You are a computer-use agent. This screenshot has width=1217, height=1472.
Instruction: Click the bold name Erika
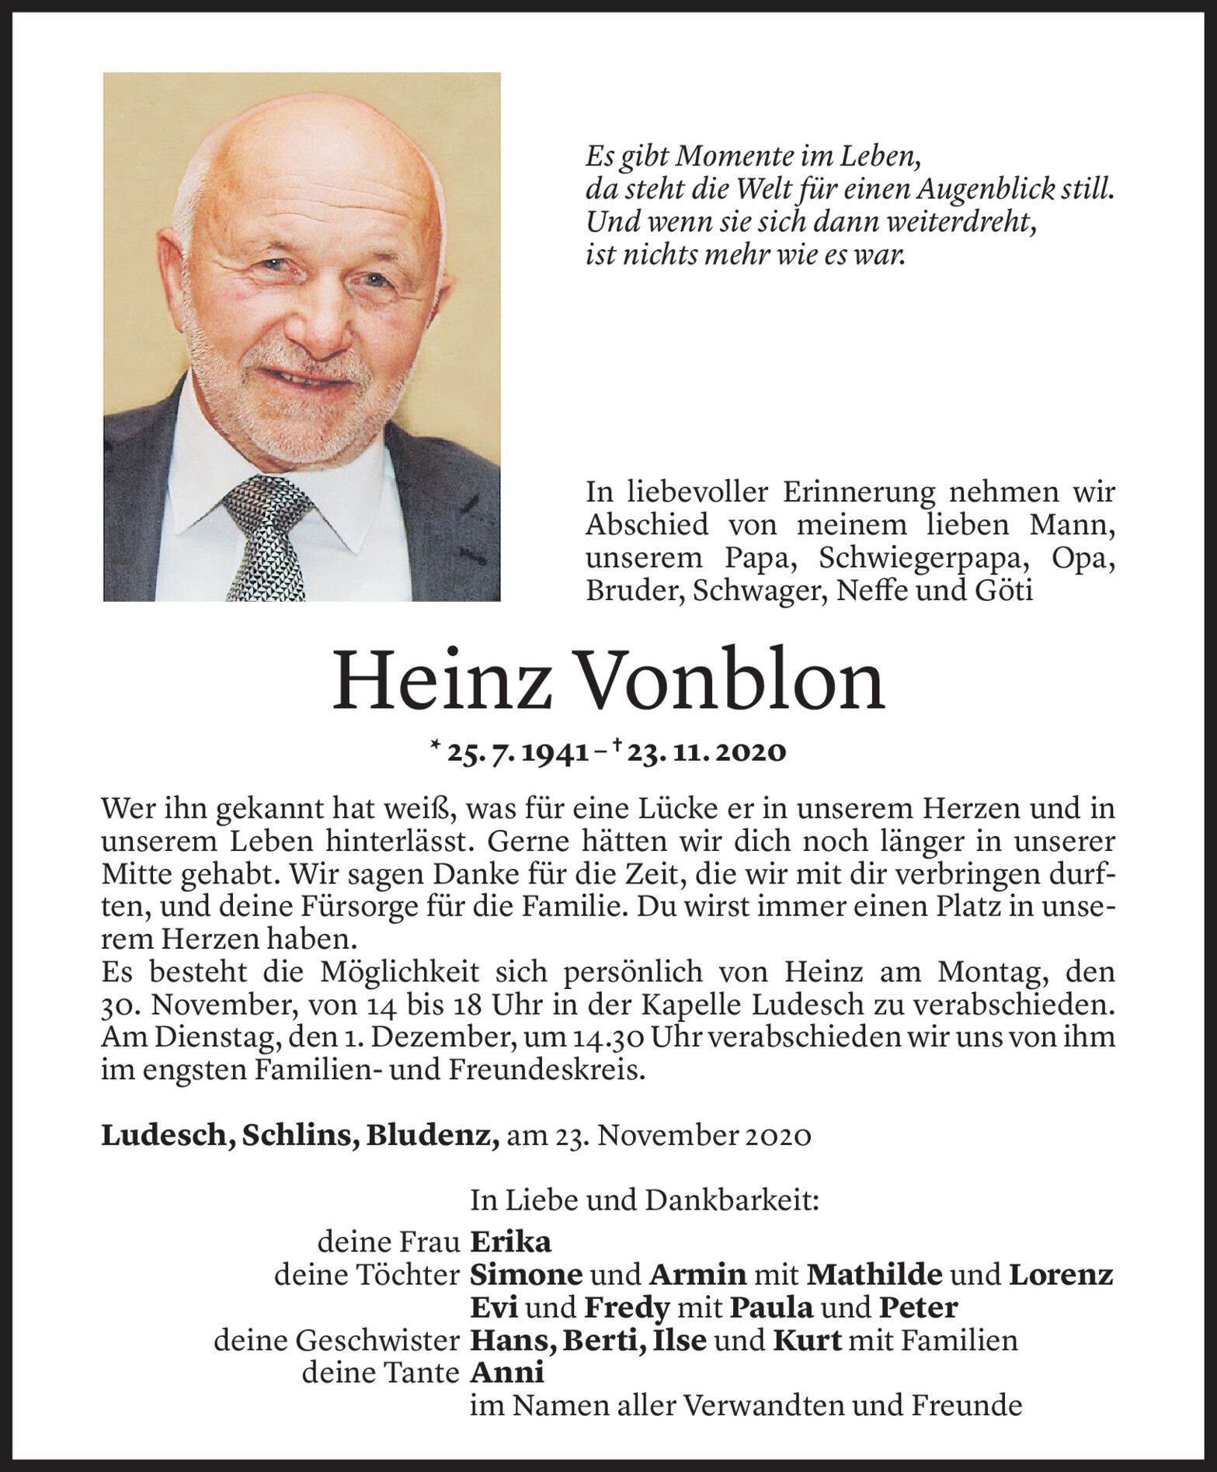(511, 1242)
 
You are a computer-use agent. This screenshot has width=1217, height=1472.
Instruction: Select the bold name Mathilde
(875, 1275)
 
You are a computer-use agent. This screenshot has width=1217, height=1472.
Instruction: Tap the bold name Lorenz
(1061, 1275)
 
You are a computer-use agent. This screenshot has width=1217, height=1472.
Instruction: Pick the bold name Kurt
(808, 1341)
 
